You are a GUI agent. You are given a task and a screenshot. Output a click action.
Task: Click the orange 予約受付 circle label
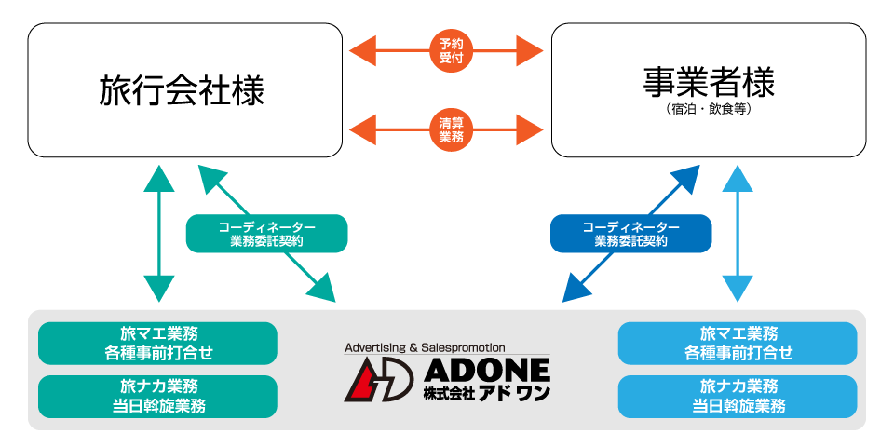point(452,49)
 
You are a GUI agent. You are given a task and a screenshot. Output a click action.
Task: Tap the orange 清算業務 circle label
point(452,129)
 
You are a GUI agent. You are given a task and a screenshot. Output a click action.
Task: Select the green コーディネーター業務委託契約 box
point(266,233)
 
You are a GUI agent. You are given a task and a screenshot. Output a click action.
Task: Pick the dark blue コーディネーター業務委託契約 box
point(630,233)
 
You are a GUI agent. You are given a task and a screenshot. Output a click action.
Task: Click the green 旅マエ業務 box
point(157,343)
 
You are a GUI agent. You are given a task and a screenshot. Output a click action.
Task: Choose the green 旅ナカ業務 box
point(157,396)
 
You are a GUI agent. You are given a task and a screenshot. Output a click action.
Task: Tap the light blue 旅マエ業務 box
point(738,343)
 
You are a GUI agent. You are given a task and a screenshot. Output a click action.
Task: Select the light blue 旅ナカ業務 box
point(738,396)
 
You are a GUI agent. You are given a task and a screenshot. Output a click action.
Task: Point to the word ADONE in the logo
point(485,370)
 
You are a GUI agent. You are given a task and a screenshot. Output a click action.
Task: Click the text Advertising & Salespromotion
point(425,347)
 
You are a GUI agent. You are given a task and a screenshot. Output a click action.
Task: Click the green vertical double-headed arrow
point(160,233)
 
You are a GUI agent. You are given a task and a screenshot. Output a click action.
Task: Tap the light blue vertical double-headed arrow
point(738,233)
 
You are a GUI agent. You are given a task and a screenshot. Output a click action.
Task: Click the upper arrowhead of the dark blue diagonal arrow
point(685,178)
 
